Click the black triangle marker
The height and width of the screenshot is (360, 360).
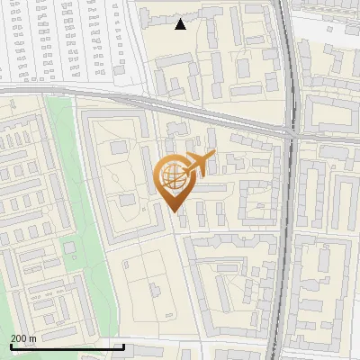coord(181,24)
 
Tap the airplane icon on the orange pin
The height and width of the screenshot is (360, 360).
coord(198,164)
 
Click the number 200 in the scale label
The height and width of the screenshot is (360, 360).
coord(19,338)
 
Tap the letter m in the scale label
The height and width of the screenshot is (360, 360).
coord(32,338)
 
